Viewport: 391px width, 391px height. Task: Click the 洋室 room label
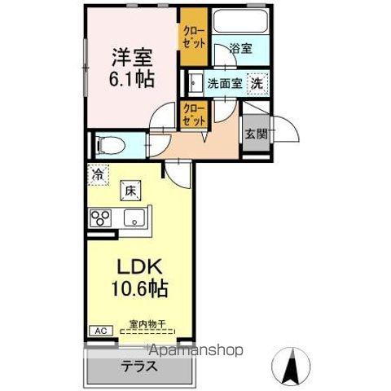click(x=133, y=57)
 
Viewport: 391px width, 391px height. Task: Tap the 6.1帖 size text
click(x=133, y=80)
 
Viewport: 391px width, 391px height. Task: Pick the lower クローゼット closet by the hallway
click(x=194, y=114)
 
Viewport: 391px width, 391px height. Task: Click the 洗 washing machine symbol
click(x=257, y=83)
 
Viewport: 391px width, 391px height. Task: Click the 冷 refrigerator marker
click(x=98, y=173)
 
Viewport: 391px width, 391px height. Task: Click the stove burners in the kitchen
click(x=102, y=218)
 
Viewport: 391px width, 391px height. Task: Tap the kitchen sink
click(x=134, y=218)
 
